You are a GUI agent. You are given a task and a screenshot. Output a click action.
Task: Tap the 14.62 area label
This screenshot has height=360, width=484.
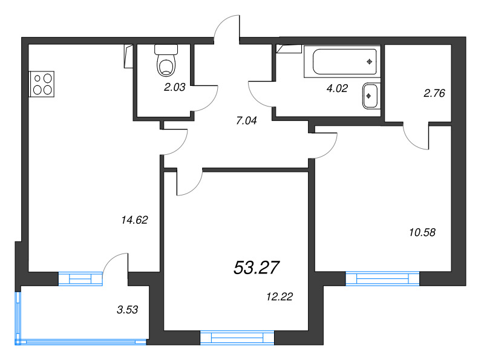click(134, 220)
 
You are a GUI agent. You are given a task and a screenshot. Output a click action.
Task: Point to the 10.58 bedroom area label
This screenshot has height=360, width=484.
click(422, 231)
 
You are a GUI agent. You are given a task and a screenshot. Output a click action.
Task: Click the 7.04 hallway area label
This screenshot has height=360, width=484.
click(246, 120)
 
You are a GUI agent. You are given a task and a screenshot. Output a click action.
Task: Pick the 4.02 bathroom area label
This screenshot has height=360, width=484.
click(336, 88)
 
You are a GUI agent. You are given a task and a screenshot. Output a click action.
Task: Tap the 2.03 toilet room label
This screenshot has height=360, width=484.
click(174, 87)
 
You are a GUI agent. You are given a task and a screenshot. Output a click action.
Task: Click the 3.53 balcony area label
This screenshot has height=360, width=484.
click(128, 310)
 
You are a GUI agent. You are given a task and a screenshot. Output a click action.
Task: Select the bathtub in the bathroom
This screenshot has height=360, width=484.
click(344, 61)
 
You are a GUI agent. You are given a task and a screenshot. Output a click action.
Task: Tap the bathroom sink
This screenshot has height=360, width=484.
click(370, 96)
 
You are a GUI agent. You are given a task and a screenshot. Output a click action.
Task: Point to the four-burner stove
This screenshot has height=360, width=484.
click(42, 83)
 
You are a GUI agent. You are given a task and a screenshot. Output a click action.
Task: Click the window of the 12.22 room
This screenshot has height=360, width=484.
click(237, 338)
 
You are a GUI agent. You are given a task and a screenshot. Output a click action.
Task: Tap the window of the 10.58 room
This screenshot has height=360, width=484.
click(382, 278)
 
